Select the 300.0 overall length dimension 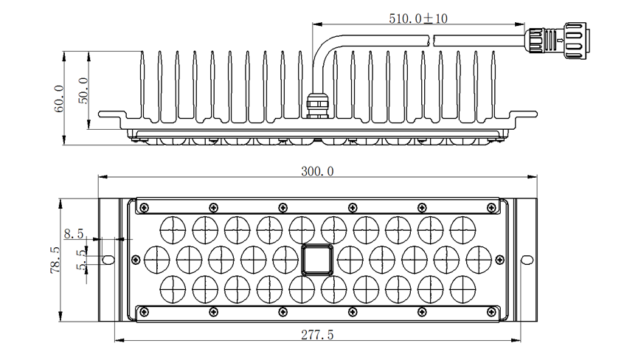[x=317, y=171]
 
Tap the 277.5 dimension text [x=317, y=335]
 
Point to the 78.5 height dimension [x=53, y=260]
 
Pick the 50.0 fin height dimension [x=83, y=91]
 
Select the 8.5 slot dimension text [x=74, y=235]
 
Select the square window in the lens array [x=317, y=260]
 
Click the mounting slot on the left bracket [x=108, y=260]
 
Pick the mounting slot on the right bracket [x=527, y=260]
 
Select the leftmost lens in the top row [x=172, y=228]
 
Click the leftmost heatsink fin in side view [x=142, y=85]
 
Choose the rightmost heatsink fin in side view [x=493, y=85]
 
